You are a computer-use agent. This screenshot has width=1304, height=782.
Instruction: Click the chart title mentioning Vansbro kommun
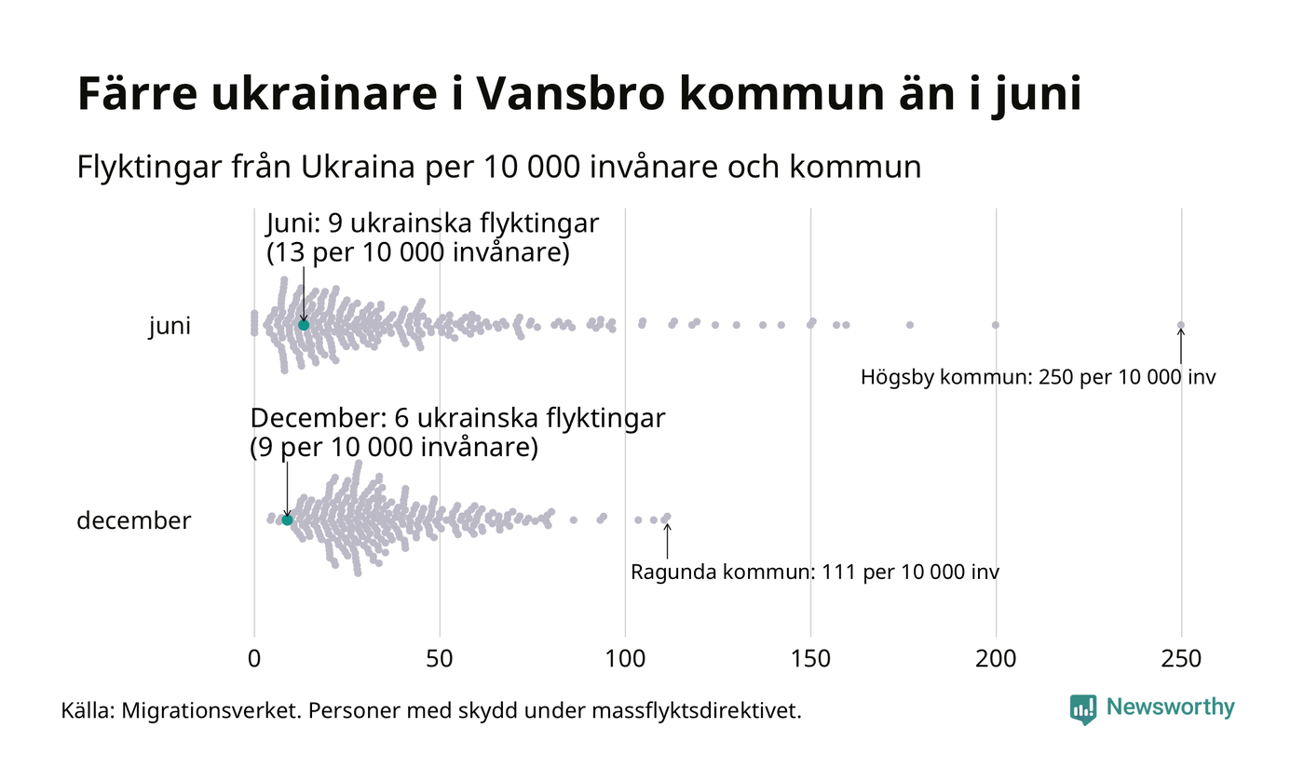(x=578, y=94)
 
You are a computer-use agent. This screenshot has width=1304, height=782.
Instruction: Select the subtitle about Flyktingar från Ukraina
(x=498, y=168)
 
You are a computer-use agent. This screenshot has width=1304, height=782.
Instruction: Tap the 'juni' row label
(x=170, y=327)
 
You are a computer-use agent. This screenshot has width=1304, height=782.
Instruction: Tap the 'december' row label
(x=133, y=521)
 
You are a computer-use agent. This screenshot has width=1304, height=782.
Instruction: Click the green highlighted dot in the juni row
(x=304, y=325)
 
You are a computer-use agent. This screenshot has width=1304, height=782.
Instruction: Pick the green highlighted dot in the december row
(x=287, y=519)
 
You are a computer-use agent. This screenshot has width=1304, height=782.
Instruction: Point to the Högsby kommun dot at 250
(x=1181, y=325)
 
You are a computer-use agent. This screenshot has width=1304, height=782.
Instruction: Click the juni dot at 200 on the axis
(x=996, y=325)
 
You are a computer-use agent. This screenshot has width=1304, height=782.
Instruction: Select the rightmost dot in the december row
(x=667, y=517)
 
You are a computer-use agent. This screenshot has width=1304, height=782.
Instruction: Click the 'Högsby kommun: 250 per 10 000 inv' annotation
(x=1038, y=378)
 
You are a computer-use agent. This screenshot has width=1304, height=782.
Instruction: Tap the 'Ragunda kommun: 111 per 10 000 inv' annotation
(x=815, y=573)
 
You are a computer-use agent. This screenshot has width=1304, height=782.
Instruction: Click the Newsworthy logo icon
(x=1083, y=709)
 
